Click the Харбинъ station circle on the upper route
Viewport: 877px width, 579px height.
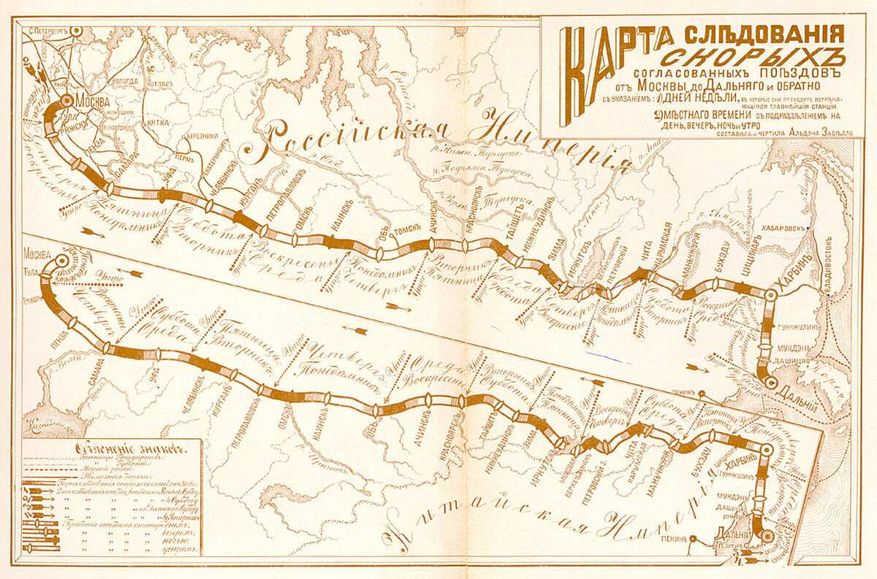pos(770,296)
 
